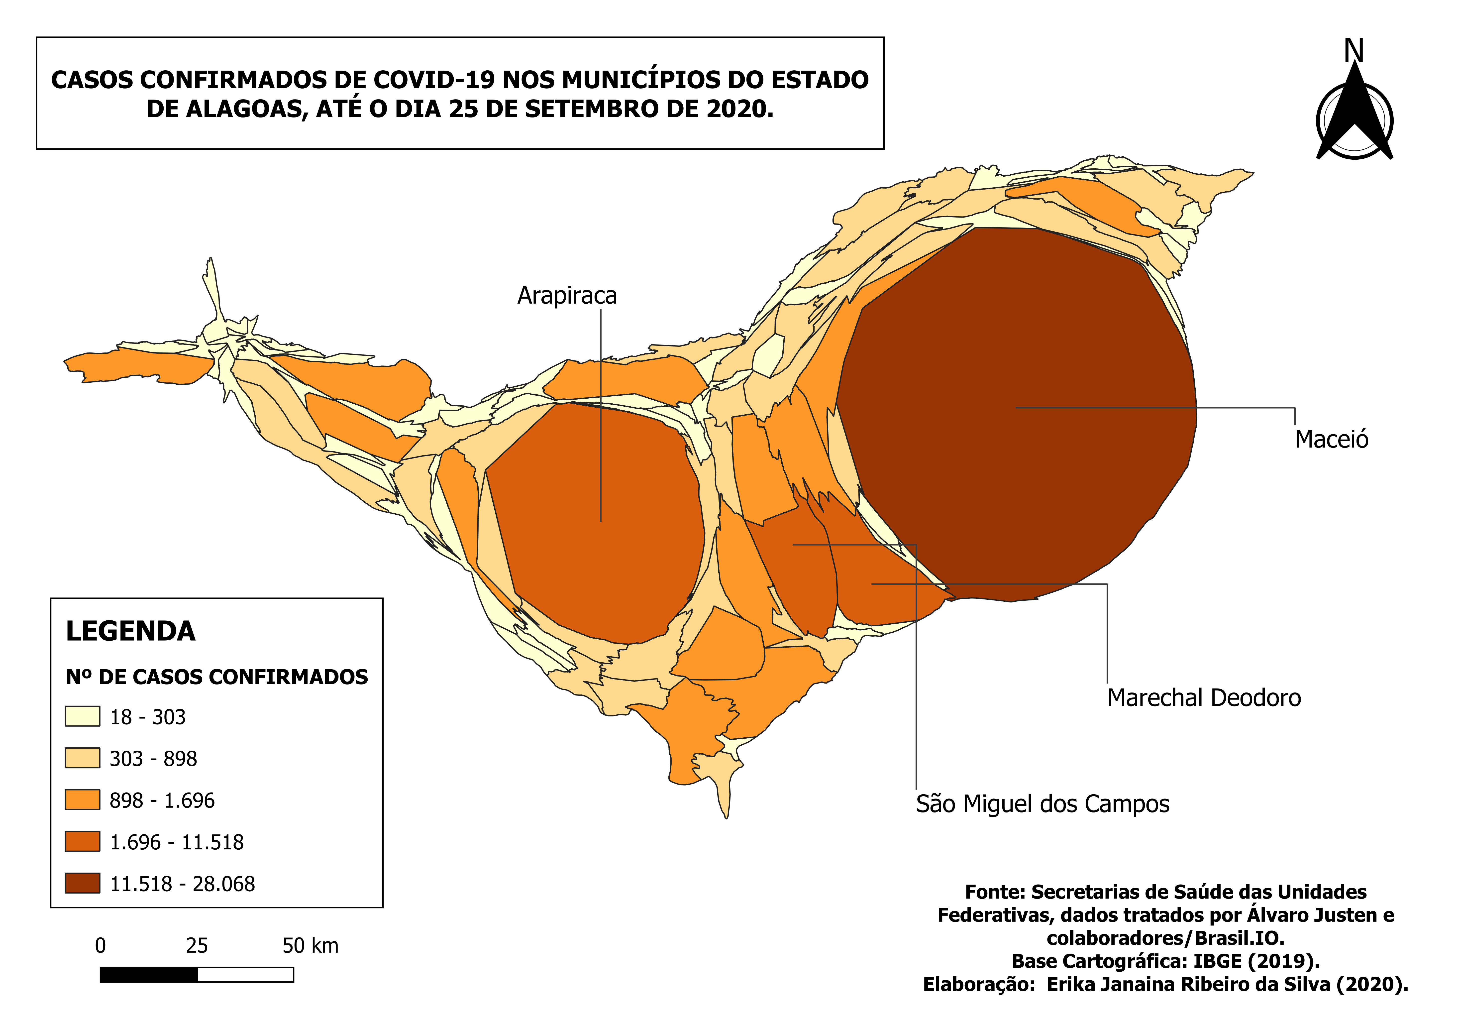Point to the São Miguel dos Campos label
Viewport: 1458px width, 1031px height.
pyautogui.click(x=1042, y=804)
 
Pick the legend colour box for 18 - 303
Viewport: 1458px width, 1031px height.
pyautogui.click(x=83, y=716)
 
